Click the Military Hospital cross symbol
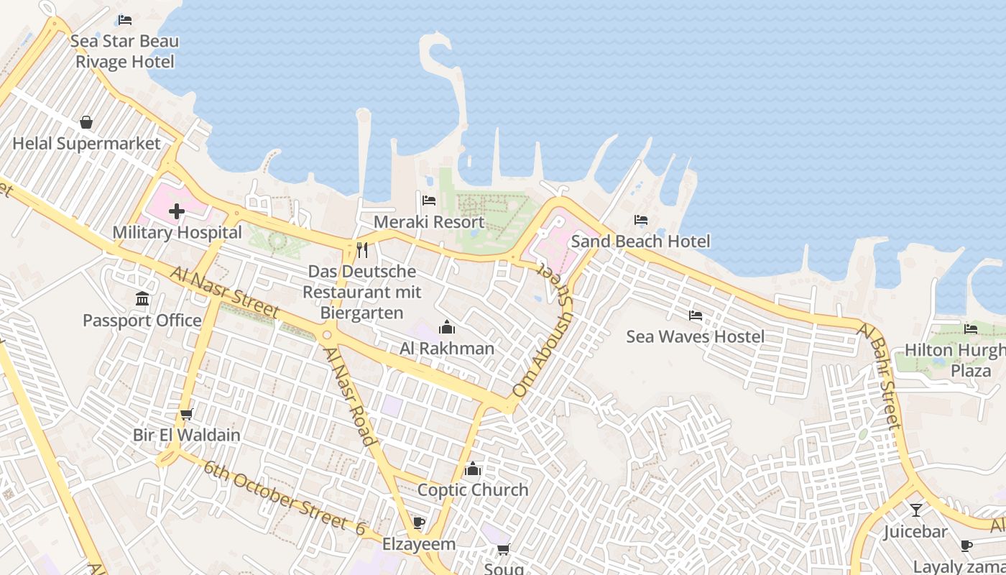(177, 211)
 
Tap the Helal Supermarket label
(86, 144)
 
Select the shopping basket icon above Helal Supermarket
(86, 122)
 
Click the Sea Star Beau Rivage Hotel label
(125, 52)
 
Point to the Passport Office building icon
(142, 298)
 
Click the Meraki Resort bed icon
(429, 200)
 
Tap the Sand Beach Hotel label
(640, 241)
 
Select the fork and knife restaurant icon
(362, 250)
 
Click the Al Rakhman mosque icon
(447, 328)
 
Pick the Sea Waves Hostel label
(695, 336)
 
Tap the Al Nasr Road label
(349, 397)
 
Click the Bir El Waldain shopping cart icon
(187, 414)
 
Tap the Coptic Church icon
(473, 469)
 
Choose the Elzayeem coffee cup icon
(419, 523)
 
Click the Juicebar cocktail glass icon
(915, 510)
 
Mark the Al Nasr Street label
(224, 293)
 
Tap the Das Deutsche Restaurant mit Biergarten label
(361, 293)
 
